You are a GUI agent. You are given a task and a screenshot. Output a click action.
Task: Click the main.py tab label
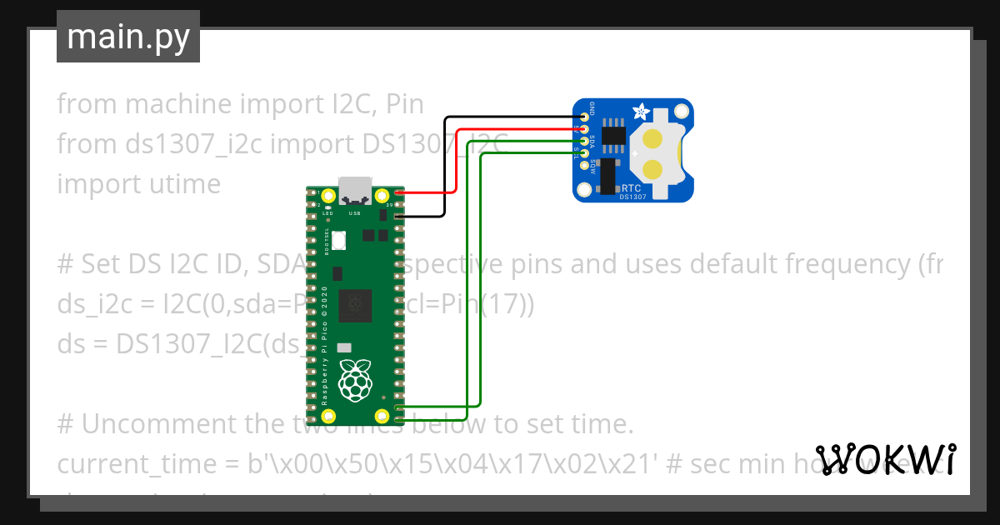point(127,37)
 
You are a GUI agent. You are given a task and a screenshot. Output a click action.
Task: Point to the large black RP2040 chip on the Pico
point(356,303)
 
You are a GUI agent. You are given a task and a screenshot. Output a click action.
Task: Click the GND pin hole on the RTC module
point(585,117)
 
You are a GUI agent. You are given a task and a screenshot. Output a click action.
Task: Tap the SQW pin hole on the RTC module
point(585,165)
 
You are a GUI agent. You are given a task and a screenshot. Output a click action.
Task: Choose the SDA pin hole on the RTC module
point(585,142)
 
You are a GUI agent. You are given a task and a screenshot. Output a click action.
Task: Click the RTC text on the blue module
point(631,188)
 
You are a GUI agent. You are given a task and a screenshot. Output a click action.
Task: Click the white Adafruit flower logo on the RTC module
point(641,112)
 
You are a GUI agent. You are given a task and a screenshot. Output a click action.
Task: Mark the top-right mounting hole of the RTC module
point(681,111)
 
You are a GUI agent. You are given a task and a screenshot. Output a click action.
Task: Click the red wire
point(455,158)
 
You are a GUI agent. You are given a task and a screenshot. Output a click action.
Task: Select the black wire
point(445,167)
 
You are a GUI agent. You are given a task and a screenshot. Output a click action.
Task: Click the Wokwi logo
point(885,459)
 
